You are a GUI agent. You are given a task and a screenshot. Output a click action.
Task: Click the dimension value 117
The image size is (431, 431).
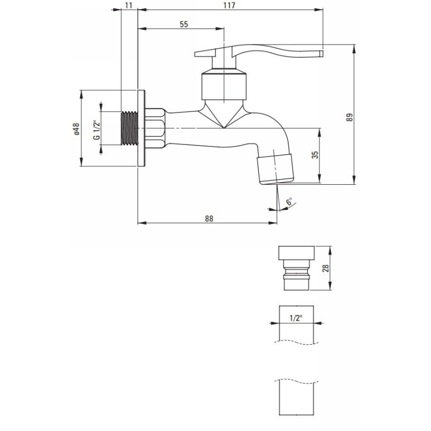[230, 5]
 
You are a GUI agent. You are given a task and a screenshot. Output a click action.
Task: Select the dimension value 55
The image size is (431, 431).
[184, 24]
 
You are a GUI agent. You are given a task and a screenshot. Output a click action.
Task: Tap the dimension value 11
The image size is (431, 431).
[129, 5]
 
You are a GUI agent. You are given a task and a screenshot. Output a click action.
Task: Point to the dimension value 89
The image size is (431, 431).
[349, 117]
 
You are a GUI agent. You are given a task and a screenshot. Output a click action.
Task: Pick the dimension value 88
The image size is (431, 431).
[209, 219]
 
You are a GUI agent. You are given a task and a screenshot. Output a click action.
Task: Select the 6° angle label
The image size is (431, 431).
[289, 201]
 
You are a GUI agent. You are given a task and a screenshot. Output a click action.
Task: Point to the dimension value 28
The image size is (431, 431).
[326, 268]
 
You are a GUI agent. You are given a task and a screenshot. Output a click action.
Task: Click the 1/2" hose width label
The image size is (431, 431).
[296, 318]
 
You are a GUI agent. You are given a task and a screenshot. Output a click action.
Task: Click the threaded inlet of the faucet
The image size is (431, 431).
[129, 128]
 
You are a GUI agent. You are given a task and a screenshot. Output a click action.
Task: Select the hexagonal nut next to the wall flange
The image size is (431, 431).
[155, 128]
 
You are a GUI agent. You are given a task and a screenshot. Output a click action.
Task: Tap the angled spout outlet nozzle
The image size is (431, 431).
[275, 169]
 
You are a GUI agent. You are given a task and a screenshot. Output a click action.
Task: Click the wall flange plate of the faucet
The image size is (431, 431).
[141, 128]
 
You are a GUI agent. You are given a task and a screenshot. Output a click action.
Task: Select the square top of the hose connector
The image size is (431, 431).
[296, 253]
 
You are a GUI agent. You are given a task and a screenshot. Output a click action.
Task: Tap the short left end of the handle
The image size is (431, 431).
[204, 53]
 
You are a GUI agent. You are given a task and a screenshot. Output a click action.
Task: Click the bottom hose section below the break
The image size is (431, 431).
[296, 398]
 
